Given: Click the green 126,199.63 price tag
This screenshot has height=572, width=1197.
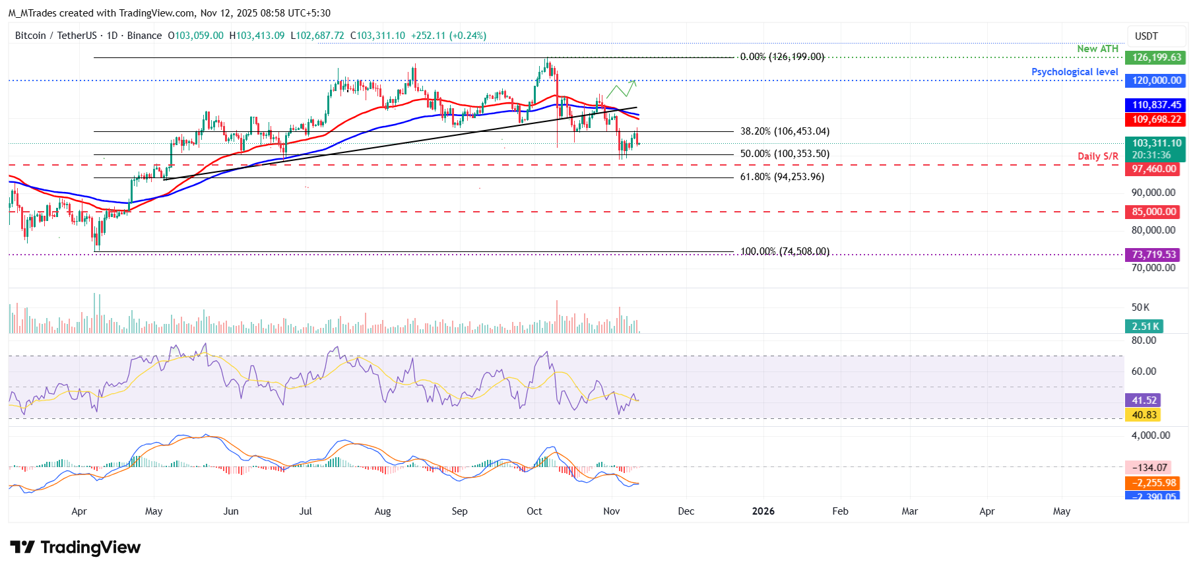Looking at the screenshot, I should click(1155, 57).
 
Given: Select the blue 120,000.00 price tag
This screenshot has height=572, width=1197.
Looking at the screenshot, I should click(1155, 80).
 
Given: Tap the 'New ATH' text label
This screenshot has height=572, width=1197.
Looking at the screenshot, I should click(1097, 49).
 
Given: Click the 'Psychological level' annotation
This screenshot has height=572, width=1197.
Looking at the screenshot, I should click(1074, 72).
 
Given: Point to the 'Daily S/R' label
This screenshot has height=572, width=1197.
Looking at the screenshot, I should click(1097, 156).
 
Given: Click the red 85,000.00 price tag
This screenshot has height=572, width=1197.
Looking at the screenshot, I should click(1153, 212).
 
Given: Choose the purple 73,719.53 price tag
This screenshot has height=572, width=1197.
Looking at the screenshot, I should click(1153, 255).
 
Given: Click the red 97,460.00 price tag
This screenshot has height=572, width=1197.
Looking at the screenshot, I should click(1153, 169).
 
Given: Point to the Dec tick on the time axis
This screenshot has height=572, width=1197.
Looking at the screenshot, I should click(686, 511).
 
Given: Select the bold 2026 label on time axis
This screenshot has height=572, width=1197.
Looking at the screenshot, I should click(763, 511).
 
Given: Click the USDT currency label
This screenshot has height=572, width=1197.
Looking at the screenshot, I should click(1146, 36).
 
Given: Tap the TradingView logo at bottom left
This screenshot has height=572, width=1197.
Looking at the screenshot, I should click(75, 548).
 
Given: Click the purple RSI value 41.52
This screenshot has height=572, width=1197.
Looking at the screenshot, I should click(1144, 400).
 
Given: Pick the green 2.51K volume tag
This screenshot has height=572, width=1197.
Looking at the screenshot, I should click(1144, 327).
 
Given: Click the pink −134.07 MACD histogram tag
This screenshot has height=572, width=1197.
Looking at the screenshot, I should click(1149, 468).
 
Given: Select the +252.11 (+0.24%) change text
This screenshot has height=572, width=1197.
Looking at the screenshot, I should click(448, 36).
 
